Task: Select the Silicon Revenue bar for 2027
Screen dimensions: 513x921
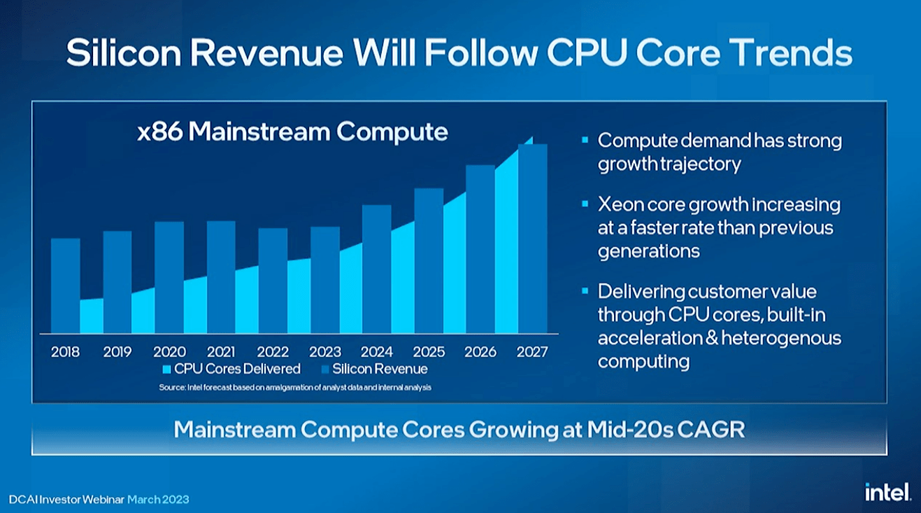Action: tap(532, 238)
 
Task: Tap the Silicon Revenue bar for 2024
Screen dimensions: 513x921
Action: tap(376, 269)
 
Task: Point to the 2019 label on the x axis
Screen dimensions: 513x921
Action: tap(117, 351)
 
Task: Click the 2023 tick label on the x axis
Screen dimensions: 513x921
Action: tap(324, 351)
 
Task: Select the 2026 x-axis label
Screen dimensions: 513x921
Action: tap(480, 351)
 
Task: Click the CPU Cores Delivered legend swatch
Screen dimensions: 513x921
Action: tap(166, 370)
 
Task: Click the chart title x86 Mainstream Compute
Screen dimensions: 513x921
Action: tap(292, 132)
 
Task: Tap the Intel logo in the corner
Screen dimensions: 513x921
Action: tap(887, 492)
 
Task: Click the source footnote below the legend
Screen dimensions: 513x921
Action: tap(295, 387)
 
